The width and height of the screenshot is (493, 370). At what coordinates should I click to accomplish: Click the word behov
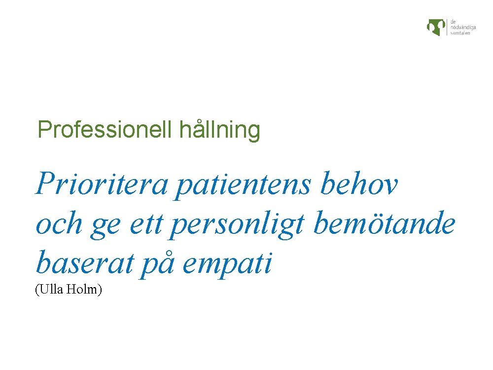pos(359,184)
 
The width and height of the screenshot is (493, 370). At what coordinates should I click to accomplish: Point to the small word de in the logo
pos(453,21)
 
